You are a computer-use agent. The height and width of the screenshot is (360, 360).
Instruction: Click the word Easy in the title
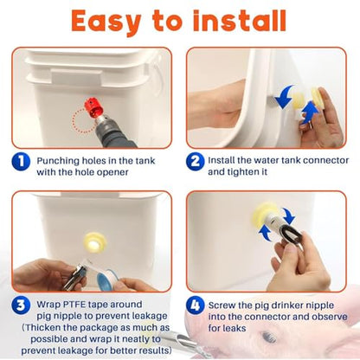coord(106,22)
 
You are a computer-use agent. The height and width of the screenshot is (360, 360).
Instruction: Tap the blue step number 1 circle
coord(21,162)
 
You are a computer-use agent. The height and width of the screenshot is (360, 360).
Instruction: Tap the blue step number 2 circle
coord(195,161)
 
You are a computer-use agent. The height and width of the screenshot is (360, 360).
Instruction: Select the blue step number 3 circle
coord(21,305)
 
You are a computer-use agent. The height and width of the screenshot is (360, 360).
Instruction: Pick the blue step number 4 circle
coord(195,305)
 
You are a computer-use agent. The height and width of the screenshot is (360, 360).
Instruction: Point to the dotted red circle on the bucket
coord(83,120)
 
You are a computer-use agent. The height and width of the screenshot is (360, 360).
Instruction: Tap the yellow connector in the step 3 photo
coord(94,242)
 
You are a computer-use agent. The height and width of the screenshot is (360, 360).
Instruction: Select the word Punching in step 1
coord(58,161)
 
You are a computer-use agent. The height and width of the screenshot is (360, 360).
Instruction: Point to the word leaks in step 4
coord(234,328)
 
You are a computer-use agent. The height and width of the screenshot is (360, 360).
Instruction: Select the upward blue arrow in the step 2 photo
coord(310,112)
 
